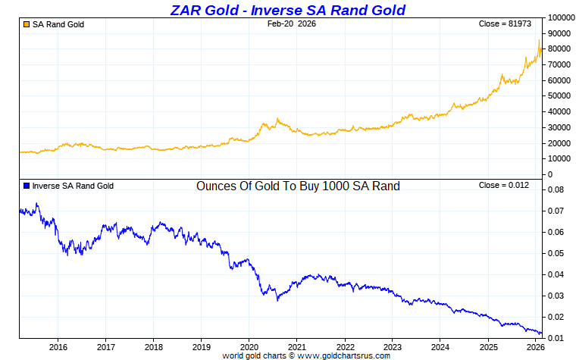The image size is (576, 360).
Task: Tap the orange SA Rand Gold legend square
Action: tap(27, 25)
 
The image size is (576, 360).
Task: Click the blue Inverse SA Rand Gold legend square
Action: tap(27, 186)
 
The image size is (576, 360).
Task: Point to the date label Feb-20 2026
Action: tap(292, 24)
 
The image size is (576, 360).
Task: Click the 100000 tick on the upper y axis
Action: tap(562, 17)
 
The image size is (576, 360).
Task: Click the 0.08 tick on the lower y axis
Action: tap(556, 189)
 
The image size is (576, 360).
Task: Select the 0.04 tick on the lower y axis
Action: tap(556, 274)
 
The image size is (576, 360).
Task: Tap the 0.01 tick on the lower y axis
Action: tap(556, 338)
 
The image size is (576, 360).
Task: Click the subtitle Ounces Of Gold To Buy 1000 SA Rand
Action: tap(298, 186)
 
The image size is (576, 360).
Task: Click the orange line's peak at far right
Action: tap(540, 40)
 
